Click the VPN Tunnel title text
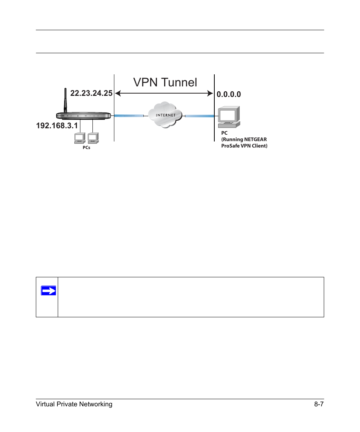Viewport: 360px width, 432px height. [x=165, y=82]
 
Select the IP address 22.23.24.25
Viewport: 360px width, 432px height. [x=91, y=93]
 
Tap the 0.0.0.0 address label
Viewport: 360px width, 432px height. [x=229, y=94]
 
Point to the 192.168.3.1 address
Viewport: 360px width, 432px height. [x=57, y=126]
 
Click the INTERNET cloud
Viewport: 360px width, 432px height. [x=165, y=115]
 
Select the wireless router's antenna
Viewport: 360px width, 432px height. [x=65, y=100]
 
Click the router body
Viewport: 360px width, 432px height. [x=83, y=116]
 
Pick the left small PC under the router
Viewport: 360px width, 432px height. [x=80, y=138]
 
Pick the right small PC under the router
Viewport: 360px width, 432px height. [x=93, y=138]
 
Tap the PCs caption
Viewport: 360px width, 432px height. [x=86, y=148]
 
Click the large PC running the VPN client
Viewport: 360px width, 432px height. [x=229, y=117]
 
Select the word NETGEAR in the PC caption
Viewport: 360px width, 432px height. [x=255, y=139]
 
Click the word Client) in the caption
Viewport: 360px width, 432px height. [x=260, y=146]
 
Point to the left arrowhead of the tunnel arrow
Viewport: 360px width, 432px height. [x=117, y=94]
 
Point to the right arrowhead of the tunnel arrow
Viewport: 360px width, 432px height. [x=210, y=94]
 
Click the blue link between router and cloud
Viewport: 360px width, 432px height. [x=129, y=116]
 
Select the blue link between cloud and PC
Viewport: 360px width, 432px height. [x=200, y=116]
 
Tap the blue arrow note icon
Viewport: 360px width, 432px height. [x=49, y=291]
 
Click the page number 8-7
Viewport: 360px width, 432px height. [x=319, y=404]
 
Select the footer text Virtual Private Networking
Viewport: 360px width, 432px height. [x=74, y=404]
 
